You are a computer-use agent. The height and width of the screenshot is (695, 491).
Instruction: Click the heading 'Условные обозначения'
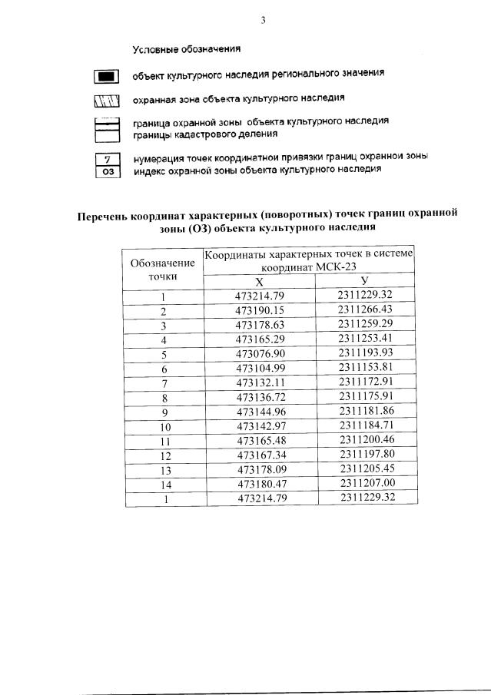pos(187,49)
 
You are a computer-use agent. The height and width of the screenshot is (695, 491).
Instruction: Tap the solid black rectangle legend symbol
pos(108,76)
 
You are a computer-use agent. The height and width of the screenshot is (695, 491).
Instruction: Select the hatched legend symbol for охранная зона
pos(108,101)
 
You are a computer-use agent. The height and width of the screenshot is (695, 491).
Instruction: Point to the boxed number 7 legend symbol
pos(108,158)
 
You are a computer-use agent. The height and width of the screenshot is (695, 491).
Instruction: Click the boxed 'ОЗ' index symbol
pos(108,171)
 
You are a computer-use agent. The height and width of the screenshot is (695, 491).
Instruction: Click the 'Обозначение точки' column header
pos(162,268)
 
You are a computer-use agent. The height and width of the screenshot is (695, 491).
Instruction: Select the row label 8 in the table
pos(164,397)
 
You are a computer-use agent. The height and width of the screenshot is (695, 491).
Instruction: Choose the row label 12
pos(164,455)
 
